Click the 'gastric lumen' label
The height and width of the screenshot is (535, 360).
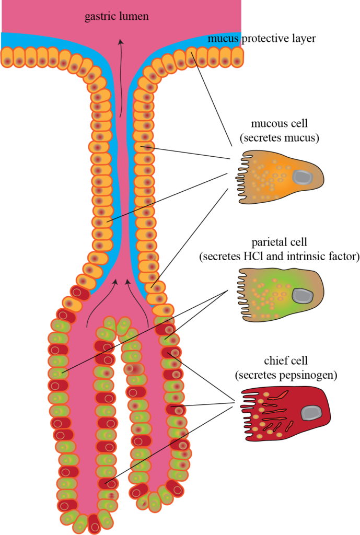click(x=117, y=16)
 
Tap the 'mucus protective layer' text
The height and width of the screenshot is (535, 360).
click(x=261, y=38)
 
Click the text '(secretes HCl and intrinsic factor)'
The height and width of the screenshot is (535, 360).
click(x=279, y=257)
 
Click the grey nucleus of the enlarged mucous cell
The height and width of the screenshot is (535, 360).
click(x=302, y=177)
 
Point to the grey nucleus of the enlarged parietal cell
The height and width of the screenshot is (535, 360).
click(x=302, y=296)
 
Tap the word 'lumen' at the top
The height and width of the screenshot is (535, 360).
click(x=135, y=16)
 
